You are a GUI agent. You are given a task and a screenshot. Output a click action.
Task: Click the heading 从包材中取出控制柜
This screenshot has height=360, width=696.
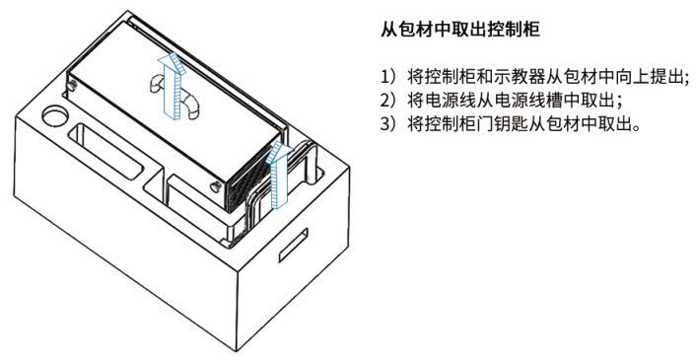pos(460,30)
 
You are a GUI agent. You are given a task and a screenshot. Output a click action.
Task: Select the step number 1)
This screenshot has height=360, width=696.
pos(387,77)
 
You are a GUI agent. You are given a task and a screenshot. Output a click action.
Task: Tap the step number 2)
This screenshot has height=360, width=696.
pos(387,101)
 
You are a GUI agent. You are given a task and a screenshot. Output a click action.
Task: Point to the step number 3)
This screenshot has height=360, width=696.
pos(387,124)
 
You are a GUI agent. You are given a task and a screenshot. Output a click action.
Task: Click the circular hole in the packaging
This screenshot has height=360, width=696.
pos(55,115)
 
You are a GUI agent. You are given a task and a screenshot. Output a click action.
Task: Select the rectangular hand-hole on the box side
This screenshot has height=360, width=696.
pos(293,245)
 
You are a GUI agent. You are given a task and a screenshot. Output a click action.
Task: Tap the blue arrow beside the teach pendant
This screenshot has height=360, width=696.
pos(278,175)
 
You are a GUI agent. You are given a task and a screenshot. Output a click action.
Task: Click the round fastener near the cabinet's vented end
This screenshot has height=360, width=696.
pos(214,186)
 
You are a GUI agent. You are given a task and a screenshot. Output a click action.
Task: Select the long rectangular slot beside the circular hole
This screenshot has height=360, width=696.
pos(107,152)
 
